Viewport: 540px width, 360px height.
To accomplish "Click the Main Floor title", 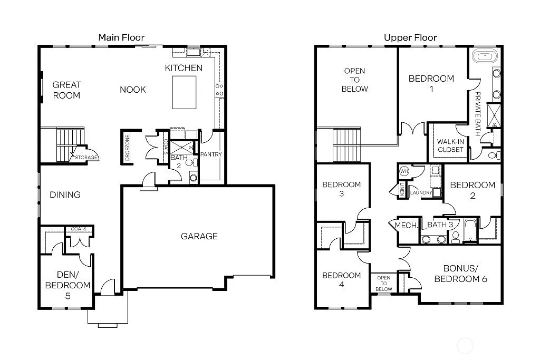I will pos(121,37).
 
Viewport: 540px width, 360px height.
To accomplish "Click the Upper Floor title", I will pos(410,37).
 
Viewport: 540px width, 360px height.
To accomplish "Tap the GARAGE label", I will pos(199,236).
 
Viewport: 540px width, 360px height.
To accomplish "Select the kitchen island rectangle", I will pos(185,92).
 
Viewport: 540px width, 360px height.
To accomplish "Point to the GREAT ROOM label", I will pos(66,90).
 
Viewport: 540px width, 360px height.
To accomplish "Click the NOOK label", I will pos(132,90).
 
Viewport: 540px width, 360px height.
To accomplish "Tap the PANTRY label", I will pos(211,154).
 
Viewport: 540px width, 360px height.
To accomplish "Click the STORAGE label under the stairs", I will pos(85,157).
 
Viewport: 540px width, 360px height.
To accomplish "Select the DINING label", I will pos(65,194).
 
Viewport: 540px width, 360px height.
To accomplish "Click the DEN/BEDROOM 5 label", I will pos(67,285).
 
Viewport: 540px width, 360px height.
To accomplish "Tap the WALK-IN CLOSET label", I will pos(450,145).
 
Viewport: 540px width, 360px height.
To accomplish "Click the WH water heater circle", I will pos(404,171).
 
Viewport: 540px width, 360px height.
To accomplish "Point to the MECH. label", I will pos(406,225).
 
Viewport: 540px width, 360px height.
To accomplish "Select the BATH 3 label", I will pos(440,225).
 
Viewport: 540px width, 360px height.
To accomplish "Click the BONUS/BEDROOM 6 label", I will pos(460,273).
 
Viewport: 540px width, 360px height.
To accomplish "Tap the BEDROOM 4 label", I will pos(341,279).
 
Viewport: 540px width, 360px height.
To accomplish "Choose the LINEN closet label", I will pos(402,190).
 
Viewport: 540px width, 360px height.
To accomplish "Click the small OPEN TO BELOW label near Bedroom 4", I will pos(383,284).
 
